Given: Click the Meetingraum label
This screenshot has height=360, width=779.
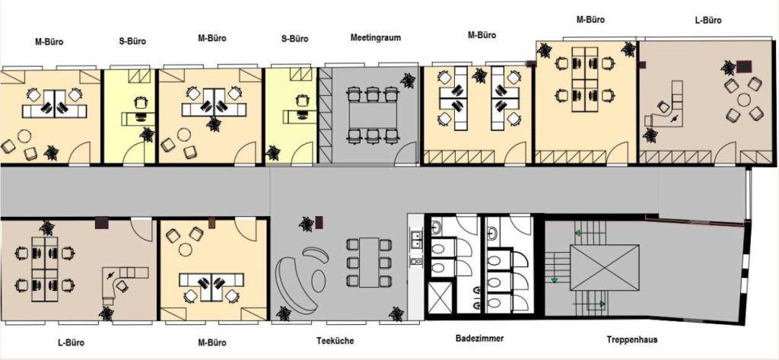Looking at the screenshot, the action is (x=375, y=37).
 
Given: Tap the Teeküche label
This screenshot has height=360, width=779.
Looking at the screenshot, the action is (x=335, y=341).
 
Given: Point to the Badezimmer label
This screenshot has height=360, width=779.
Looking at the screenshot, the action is (x=479, y=339).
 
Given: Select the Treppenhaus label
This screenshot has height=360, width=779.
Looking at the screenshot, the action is (x=631, y=339).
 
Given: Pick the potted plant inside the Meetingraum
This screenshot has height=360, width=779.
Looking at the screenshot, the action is (x=408, y=80).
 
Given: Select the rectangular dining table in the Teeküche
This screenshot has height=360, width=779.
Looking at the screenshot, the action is (x=369, y=263).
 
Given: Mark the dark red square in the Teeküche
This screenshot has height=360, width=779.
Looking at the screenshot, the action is (x=319, y=221).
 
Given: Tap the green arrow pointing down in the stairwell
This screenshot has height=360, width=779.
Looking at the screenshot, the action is (x=555, y=280).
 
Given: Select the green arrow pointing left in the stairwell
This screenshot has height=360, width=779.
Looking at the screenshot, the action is (x=578, y=232).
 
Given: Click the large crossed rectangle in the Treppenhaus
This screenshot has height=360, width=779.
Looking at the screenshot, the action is (x=605, y=267).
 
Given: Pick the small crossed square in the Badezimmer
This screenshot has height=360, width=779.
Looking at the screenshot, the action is (x=439, y=298).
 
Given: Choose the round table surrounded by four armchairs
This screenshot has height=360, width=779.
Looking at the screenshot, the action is (x=744, y=100).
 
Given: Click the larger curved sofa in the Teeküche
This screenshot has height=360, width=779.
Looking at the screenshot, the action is (x=289, y=282).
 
